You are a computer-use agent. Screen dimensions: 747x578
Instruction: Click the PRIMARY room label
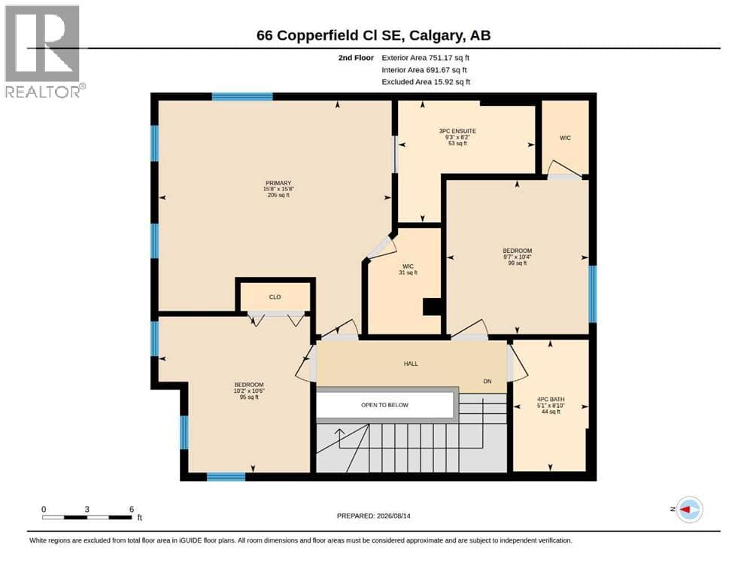click(278, 183)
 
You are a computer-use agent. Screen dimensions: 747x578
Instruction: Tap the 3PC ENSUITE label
click(457, 131)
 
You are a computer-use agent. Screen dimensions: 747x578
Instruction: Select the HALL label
click(411, 364)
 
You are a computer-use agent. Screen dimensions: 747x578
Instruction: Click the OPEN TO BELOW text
click(384, 405)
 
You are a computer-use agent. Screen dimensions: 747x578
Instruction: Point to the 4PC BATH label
click(551, 400)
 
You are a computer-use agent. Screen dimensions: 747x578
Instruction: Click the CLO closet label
click(275, 297)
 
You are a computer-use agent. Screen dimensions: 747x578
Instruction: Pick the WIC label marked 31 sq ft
click(408, 266)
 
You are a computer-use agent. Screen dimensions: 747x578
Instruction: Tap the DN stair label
click(487, 382)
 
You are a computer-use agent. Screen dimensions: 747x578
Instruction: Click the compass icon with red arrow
click(689, 510)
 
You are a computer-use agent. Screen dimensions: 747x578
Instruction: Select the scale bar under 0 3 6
click(87, 517)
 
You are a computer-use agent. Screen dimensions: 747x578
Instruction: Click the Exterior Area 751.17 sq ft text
click(426, 58)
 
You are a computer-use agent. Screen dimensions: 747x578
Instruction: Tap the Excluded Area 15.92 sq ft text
click(426, 82)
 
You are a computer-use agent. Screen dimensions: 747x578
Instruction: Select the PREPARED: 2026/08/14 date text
click(373, 516)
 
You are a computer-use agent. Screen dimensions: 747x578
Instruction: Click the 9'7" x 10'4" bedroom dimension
click(518, 257)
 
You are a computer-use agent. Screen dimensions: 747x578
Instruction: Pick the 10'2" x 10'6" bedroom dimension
click(249, 391)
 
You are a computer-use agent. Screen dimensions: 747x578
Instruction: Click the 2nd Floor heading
click(356, 58)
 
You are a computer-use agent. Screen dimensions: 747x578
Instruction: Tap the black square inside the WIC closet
click(432, 306)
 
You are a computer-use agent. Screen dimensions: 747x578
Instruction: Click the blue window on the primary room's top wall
click(242, 96)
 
